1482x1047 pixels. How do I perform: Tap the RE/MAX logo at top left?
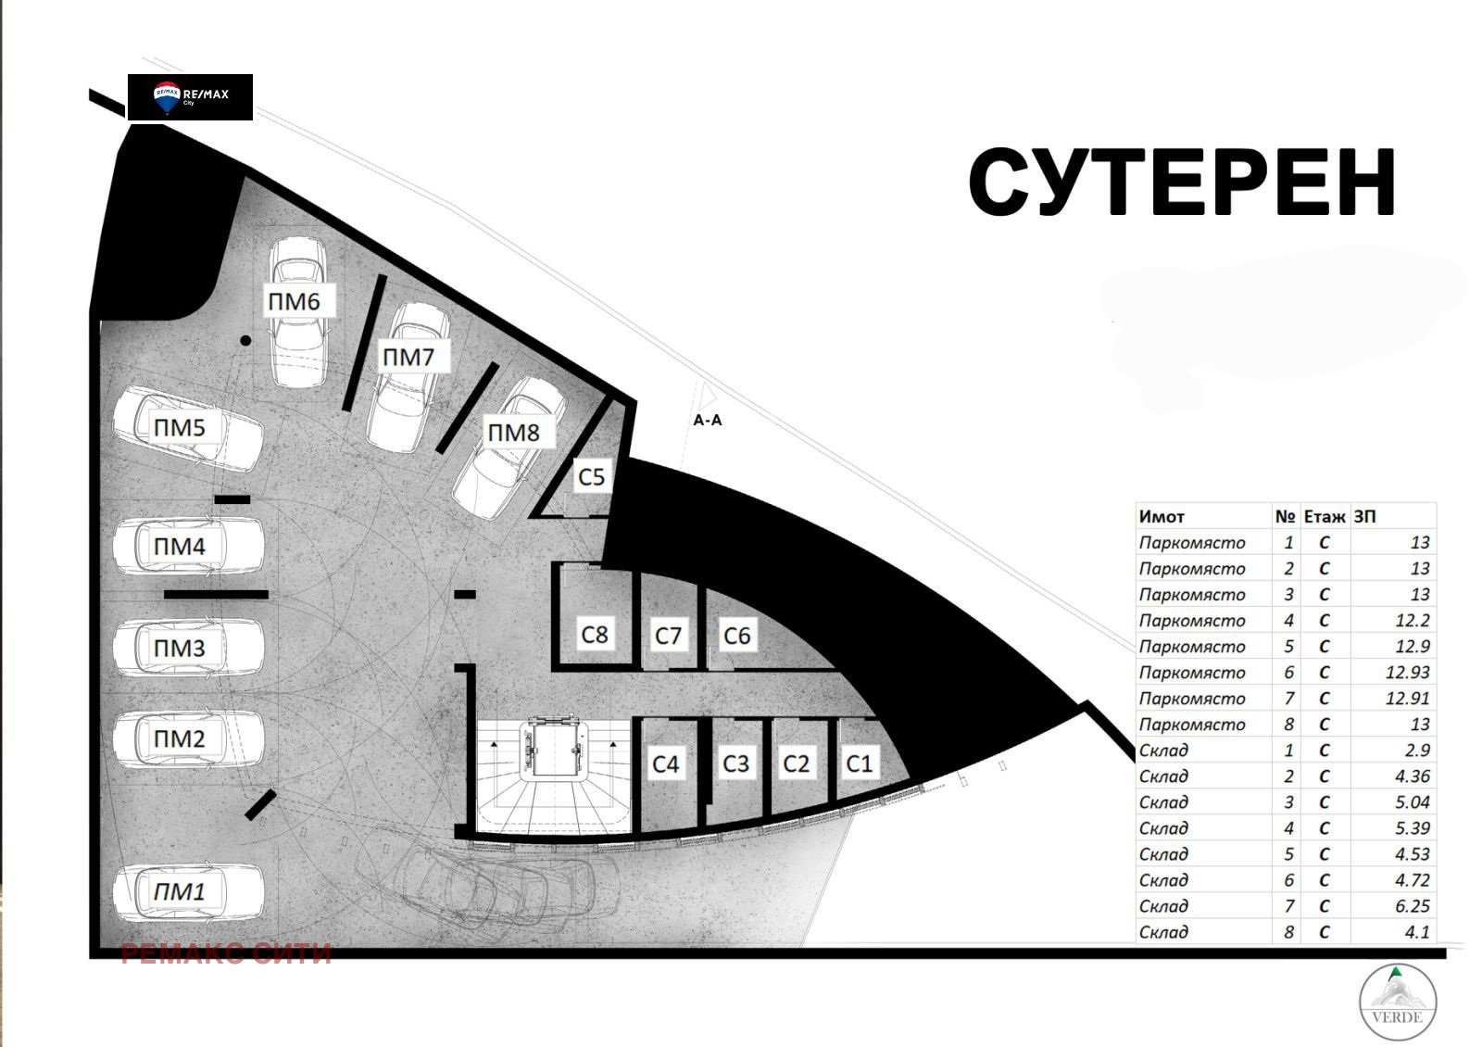(190, 96)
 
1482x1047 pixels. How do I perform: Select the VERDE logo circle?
(1398, 1002)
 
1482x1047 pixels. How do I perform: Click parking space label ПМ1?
(180, 892)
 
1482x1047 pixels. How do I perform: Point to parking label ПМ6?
(295, 301)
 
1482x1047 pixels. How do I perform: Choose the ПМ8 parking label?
(513, 433)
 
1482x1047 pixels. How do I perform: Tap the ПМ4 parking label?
(180, 547)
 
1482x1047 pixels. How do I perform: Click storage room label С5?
(591, 477)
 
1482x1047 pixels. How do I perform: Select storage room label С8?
(594, 635)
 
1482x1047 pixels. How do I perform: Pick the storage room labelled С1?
(860, 763)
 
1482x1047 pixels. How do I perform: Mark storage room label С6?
(736, 636)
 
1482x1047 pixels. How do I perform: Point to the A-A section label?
(708, 421)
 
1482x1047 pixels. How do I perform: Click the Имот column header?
(1162, 517)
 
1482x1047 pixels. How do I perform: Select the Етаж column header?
(1324, 517)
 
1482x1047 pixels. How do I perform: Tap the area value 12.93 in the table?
(1407, 673)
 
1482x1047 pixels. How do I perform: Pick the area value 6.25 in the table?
(1413, 906)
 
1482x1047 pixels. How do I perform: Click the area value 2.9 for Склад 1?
(1417, 751)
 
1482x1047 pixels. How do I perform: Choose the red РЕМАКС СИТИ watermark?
(227, 953)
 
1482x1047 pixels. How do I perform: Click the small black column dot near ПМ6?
(245, 341)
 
